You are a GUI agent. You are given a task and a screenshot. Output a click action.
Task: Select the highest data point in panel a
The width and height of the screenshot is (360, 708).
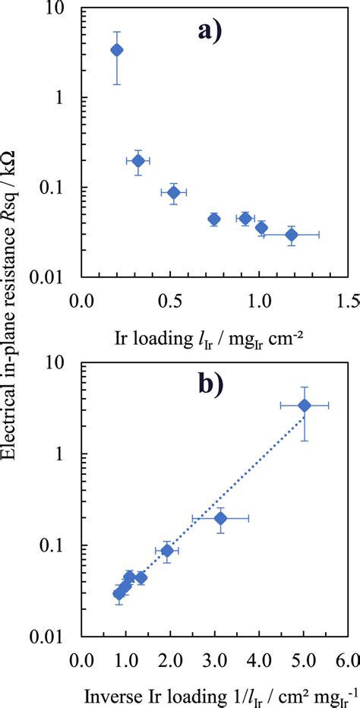(117, 50)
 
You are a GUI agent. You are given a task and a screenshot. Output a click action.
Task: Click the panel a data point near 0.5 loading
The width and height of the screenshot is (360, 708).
(174, 193)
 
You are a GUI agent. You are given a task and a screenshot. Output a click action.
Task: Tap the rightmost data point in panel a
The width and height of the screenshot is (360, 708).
(292, 235)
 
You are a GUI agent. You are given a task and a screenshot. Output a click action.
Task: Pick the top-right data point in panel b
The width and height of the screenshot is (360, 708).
(305, 406)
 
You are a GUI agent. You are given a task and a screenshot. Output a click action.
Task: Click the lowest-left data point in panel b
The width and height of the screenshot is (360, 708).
(119, 594)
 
